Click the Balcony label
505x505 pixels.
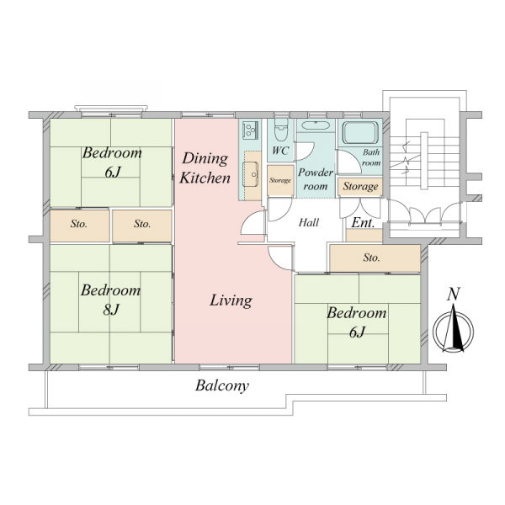222,385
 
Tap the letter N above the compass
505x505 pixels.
453,294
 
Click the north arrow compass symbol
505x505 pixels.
453,330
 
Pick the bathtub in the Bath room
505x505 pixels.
359,132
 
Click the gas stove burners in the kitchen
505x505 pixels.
250,130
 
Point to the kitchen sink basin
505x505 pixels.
251,174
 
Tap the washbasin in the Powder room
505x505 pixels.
316,125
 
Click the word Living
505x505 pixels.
231,300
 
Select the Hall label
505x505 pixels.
309,222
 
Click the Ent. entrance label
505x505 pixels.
363,222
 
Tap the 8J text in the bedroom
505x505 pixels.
111,310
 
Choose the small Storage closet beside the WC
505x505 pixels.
280,180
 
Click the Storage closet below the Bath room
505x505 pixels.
360,187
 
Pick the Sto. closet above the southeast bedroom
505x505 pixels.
375,258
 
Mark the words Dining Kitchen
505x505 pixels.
205,168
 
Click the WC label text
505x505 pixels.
280,151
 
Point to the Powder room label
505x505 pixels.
316,179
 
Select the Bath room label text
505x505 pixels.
371,157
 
